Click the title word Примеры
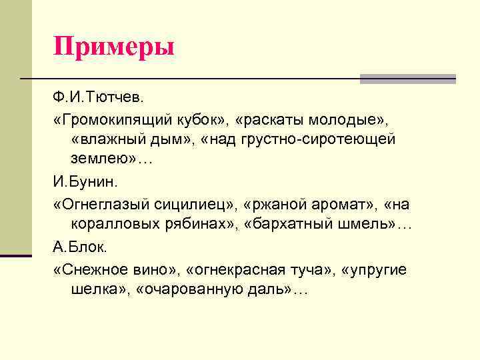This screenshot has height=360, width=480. pos(114,47)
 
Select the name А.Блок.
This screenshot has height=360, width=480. pos(79,248)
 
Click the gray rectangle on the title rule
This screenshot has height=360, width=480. pos(407,79)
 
